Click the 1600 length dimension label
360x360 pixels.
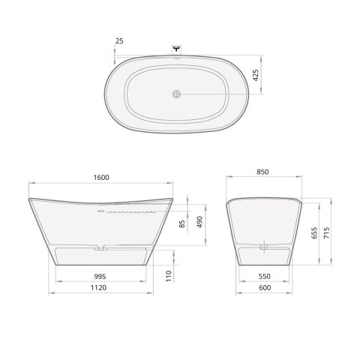(101, 177)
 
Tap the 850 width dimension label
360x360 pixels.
(262, 172)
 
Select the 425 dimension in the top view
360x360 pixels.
(256, 75)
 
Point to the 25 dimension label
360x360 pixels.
(119, 41)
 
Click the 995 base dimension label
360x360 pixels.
(100, 277)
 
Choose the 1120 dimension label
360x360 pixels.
(98, 287)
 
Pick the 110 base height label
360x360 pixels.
(169, 276)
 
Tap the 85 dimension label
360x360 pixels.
(182, 224)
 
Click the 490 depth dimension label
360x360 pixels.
(199, 222)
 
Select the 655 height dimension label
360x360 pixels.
(314, 232)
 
